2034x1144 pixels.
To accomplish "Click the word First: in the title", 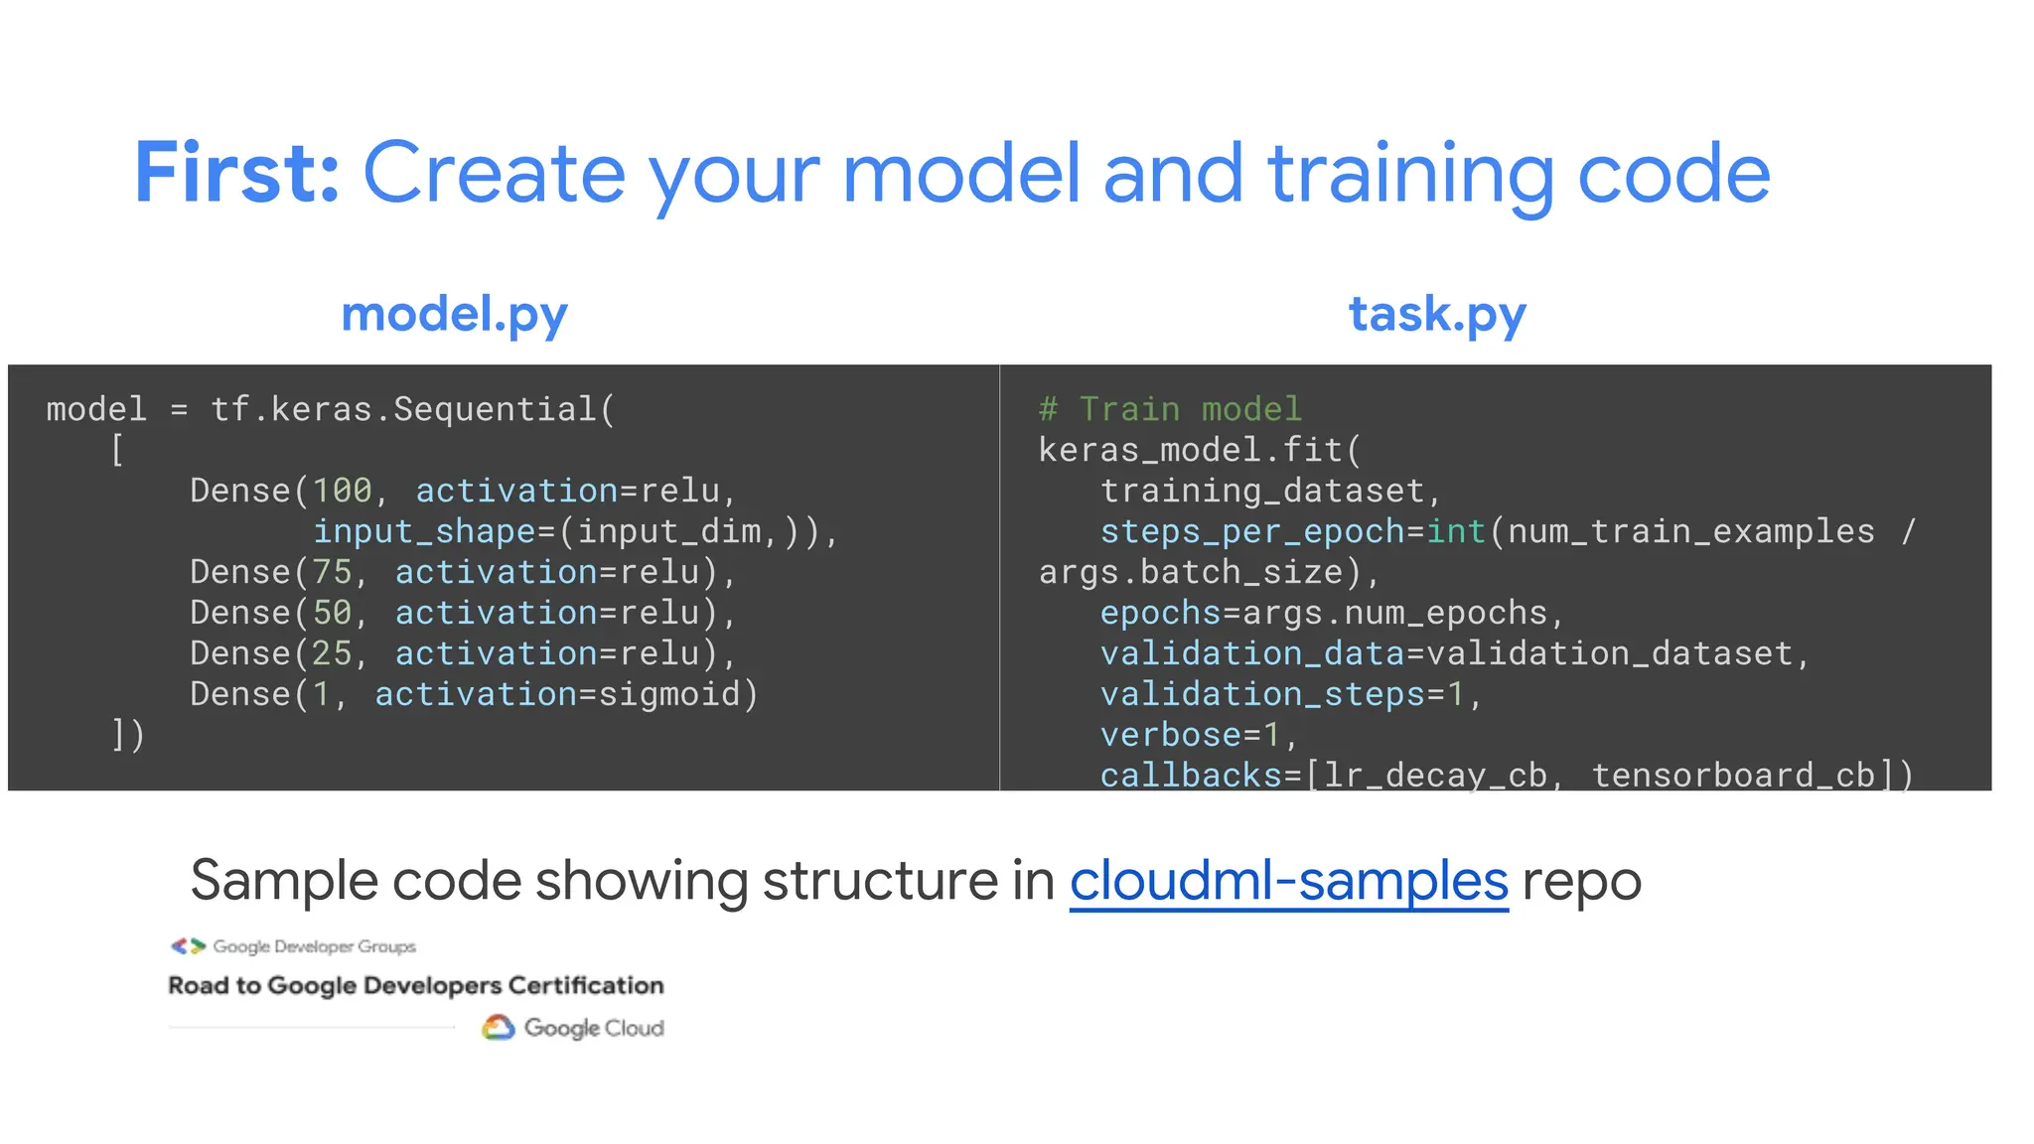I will point(237,174).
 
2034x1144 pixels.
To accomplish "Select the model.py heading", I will point(454,314).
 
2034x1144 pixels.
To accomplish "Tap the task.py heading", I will point(1436,314).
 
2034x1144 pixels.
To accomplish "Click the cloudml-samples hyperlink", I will point(1288,881).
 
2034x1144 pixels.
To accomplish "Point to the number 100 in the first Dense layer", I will point(342,491).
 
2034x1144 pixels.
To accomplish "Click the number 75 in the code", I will point(332,572).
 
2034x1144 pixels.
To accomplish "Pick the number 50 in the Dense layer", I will point(332,613).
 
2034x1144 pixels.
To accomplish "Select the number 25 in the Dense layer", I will point(332,653).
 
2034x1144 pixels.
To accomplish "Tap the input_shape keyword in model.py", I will point(424,532).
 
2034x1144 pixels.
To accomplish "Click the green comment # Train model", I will point(1169,409).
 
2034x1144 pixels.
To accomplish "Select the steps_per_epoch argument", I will point(1251,532).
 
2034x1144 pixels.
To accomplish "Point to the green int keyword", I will point(1456,532).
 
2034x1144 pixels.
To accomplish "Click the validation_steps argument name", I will point(1261,694).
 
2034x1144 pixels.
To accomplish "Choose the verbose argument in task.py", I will point(1170,735).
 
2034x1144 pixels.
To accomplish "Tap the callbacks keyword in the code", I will point(1190,775).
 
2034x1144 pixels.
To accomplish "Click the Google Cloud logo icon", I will point(498,1028).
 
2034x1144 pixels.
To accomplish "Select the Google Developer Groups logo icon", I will point(188,946).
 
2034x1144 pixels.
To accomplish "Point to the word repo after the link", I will point(1581,881).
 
